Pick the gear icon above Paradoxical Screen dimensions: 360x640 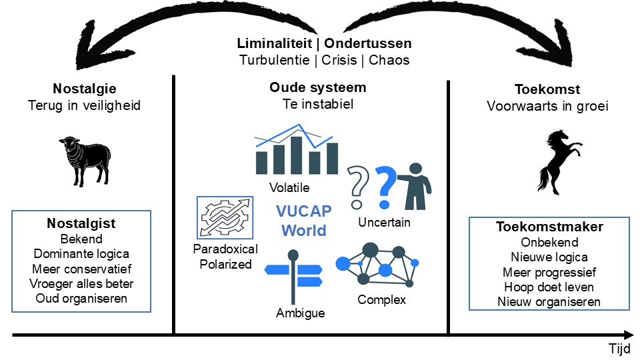pyautogui.click(x=225, y=217)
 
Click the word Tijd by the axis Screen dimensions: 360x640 pyautogui.click(x=619, y=349)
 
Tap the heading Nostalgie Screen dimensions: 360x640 pyautogui.click(x=85, y=89)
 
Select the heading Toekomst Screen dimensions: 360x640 pyautogui.click(x=547, y=89)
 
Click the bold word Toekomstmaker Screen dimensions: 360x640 pyautogui.click(x=549, y=227)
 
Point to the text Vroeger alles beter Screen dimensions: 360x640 pyautogui.click(x=81, y=283)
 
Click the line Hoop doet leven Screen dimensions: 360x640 pyautogui.click(x=549, y=287)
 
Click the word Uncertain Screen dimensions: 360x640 pyautogui.click(x=384, y=222)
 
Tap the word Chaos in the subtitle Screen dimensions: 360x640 pyautogui.click(x=389, y=59)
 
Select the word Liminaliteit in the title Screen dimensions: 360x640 pyautogui.click(x=274, y=43)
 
